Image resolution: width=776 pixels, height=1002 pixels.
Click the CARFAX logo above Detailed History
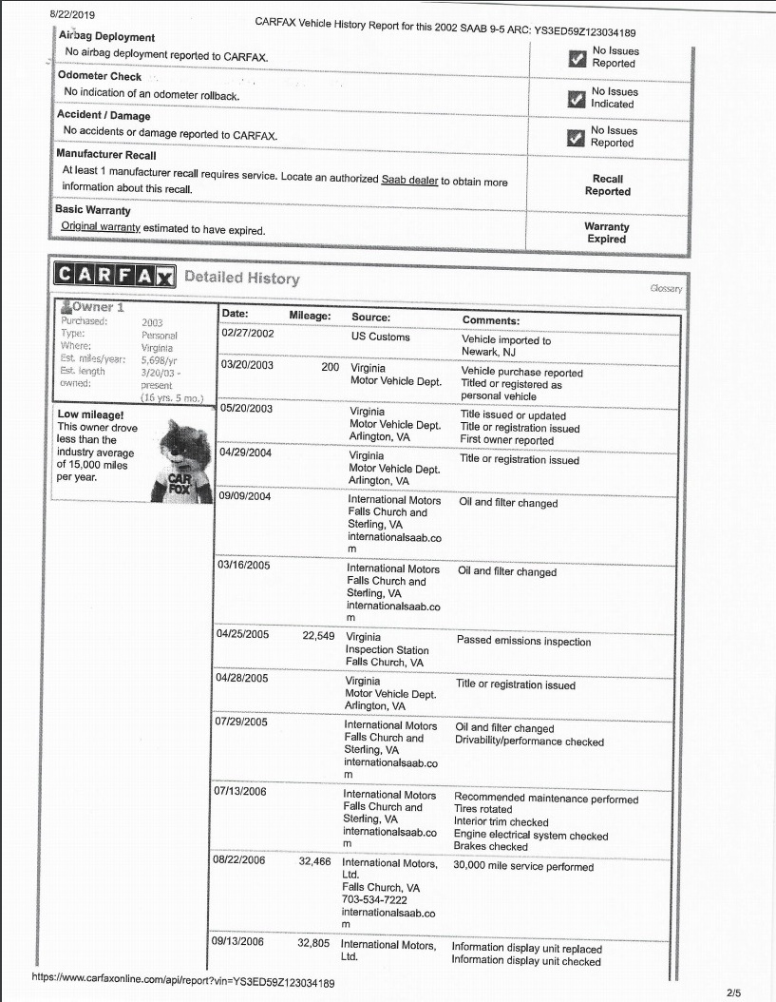(x=115, y=277)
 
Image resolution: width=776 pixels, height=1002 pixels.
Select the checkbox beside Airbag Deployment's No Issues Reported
(x=575, y=58)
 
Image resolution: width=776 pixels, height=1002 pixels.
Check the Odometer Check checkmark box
(x=575, y=98)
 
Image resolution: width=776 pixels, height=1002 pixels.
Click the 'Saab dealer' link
(x=409, y=180)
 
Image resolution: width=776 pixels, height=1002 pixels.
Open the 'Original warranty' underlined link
(x=101, y=228)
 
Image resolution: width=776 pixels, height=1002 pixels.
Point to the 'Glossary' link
(x=667, y=287)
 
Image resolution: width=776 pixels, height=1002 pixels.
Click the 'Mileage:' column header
(x=309, y=317)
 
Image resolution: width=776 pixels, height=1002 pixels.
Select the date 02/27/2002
(x=247, y=334)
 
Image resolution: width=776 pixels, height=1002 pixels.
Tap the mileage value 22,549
(x=318, y=636)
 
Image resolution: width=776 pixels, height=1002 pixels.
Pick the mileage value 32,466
(x=313, y=862)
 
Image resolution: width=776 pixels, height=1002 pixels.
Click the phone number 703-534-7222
(x=375, y=899)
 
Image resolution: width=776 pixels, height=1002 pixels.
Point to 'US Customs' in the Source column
(x=381, y=337)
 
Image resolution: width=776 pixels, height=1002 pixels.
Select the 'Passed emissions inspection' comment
(x=523, y=642)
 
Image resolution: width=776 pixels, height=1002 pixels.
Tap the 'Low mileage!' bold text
(x=91, y=414)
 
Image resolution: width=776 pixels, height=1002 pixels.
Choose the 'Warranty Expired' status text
(x=607, y=233)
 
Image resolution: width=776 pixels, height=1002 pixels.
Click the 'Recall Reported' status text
(x=608, y=184)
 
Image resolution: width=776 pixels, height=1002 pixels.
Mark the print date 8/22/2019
(x=71, y=16)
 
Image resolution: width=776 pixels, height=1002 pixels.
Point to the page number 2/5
(x=733, y=992)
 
